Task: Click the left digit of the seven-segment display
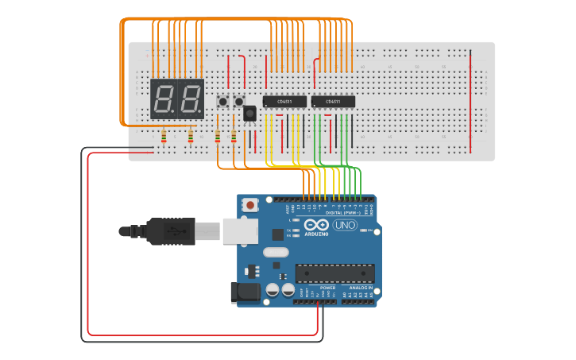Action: point(164,99)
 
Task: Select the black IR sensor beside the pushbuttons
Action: point(249,114)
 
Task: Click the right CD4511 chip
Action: point(333,101)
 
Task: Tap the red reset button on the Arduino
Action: point(251,205)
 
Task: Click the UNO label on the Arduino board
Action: point(344,226)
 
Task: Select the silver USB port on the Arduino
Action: point(239,231)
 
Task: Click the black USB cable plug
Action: point(171,231)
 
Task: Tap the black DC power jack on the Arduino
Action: point(245,292)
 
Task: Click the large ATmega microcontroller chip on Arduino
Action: point(334,273)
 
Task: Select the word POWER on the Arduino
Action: point(316,288)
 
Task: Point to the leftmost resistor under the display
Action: point(164,137)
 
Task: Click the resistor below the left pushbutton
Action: point(218,137)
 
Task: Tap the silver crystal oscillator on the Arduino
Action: point(275,253)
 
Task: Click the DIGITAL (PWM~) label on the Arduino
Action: point(337,213)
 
